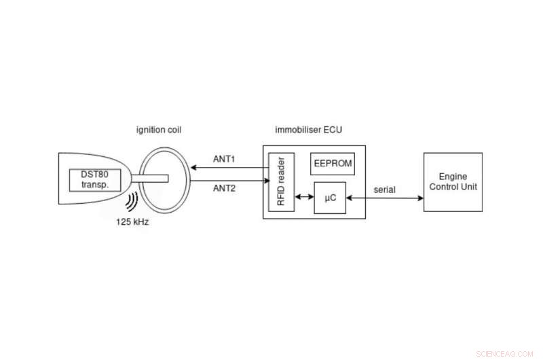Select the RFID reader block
click(276, 182)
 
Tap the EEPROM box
click(333, 164)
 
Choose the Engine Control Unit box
click(453, 181)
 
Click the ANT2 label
click(225, 188)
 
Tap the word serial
click(385, 190)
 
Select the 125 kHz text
click(132, 222)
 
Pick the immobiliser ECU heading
click(308, 130)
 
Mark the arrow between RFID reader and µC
click(299, 198)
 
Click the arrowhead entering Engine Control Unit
click(420, 198)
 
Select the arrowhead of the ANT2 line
click(264, 181)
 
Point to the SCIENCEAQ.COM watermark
click(506, 353)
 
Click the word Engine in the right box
click(453, 176)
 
